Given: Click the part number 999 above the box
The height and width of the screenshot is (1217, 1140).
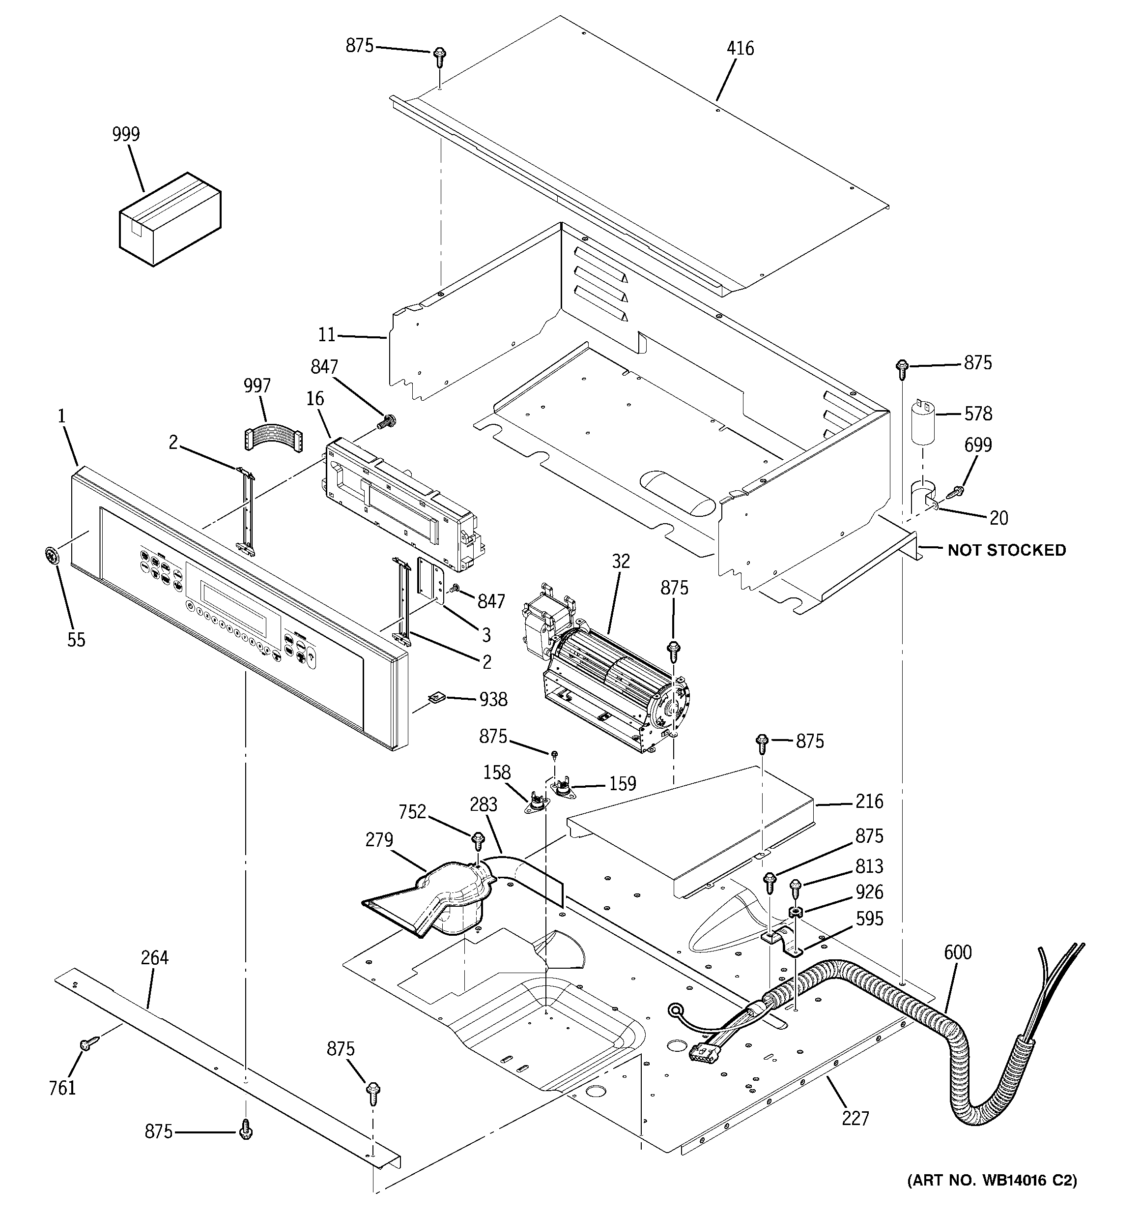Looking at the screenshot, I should click(x=126, y=134).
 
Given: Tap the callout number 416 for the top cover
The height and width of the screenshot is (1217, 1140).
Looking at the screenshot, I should click(x=741, y=48).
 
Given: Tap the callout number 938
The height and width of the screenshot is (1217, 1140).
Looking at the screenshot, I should click(x=493, y=699).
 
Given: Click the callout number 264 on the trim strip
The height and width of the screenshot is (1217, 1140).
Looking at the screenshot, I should click(x=155, y=957).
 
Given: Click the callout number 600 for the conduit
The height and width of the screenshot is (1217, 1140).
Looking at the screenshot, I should click(x=958, y=952).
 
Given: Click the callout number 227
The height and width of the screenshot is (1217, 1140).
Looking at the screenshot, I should click(x=855, y=1119).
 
